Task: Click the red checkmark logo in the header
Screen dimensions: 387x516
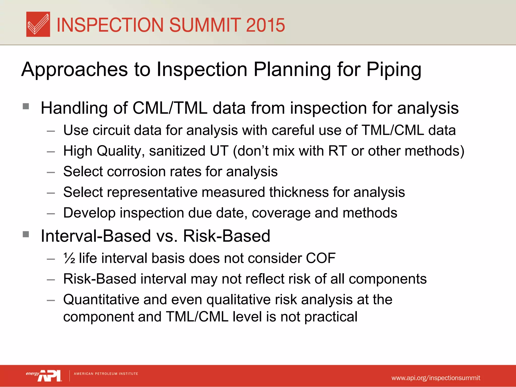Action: click(x=38, y=24)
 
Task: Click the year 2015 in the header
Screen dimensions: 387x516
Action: click(x=265, y=25)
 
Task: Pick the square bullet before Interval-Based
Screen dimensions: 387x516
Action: click(x=26, y=234)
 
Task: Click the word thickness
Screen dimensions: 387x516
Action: click(x=299, y=192)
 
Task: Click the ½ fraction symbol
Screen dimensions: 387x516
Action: click(x=69, y=258)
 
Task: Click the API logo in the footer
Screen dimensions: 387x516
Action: click(x=49, y=376)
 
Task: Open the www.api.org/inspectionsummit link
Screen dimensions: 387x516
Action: click(x=436, y=378)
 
